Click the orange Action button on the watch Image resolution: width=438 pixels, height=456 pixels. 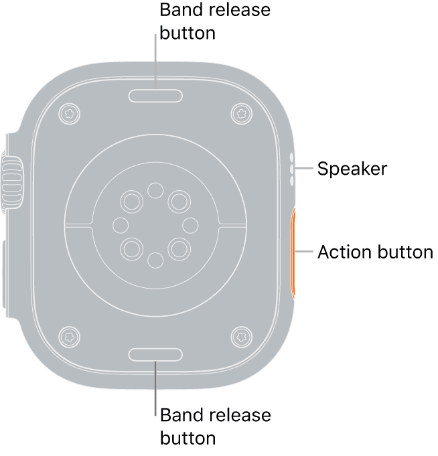[294, 253]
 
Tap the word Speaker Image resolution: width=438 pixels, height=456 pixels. [352, 169]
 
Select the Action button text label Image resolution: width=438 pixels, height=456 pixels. [375, 252]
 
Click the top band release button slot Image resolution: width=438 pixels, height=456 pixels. [155, 96]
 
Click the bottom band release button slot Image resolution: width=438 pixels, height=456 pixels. [155, 354]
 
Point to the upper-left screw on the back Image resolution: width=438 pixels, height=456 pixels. [69, 114]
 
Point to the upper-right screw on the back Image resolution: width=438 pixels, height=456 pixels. [241, 114]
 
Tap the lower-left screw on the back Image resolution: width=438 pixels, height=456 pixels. [69, 337]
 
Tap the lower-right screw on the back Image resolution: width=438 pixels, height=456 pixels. [241, 337]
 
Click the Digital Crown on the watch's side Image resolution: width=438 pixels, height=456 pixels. [12, 183]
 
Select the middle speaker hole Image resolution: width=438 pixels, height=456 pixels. [292, 169]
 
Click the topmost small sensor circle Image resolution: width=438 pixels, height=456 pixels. [155, 190]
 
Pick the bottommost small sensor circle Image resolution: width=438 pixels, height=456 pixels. [155, 260]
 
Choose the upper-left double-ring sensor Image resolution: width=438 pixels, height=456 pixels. [132, 202]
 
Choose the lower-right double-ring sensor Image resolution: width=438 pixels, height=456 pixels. [179, 249]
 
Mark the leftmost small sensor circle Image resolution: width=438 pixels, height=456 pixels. [121, 226]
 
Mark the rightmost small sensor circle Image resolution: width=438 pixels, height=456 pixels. [190, 226]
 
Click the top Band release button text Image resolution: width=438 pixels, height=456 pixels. [215, 21]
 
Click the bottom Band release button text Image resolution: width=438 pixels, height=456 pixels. [215, 427]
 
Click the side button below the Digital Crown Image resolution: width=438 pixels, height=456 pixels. [5, 275]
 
